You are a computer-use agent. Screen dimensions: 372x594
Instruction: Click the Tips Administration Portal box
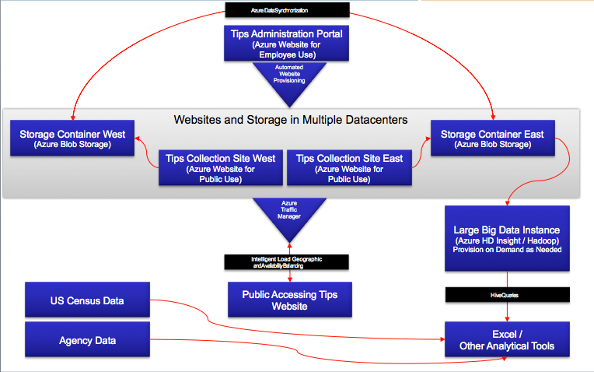(285, 44)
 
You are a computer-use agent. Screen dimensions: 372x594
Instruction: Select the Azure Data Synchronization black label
(285, 10)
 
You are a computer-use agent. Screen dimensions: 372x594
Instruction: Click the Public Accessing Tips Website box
(289, 300)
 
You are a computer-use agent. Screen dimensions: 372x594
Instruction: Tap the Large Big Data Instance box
(507, 238)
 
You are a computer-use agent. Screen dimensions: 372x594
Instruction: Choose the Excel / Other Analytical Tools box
(507, 340)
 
